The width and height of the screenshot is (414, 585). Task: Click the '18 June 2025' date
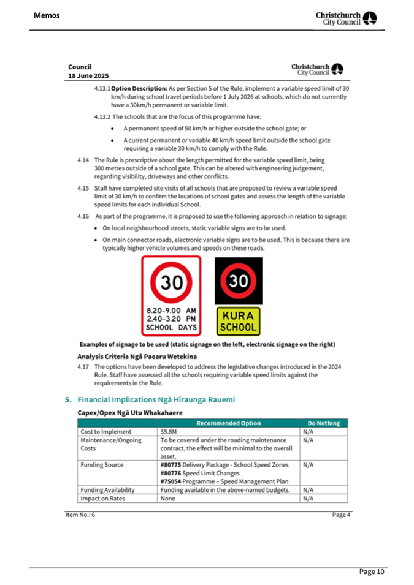[x=89, y=76]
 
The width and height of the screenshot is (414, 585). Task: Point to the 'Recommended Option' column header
[x=229, y=423]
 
